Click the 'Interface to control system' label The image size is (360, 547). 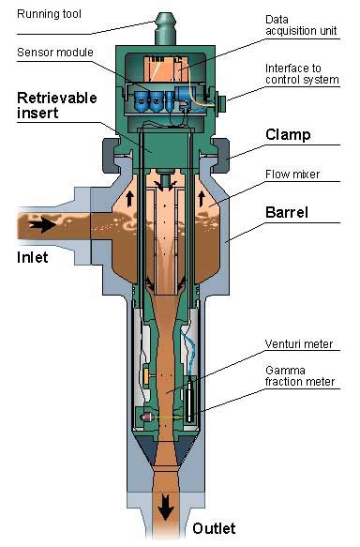point(300,74)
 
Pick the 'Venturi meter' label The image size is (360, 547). point(296,344)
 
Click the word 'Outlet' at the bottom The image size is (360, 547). point(214,528)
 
